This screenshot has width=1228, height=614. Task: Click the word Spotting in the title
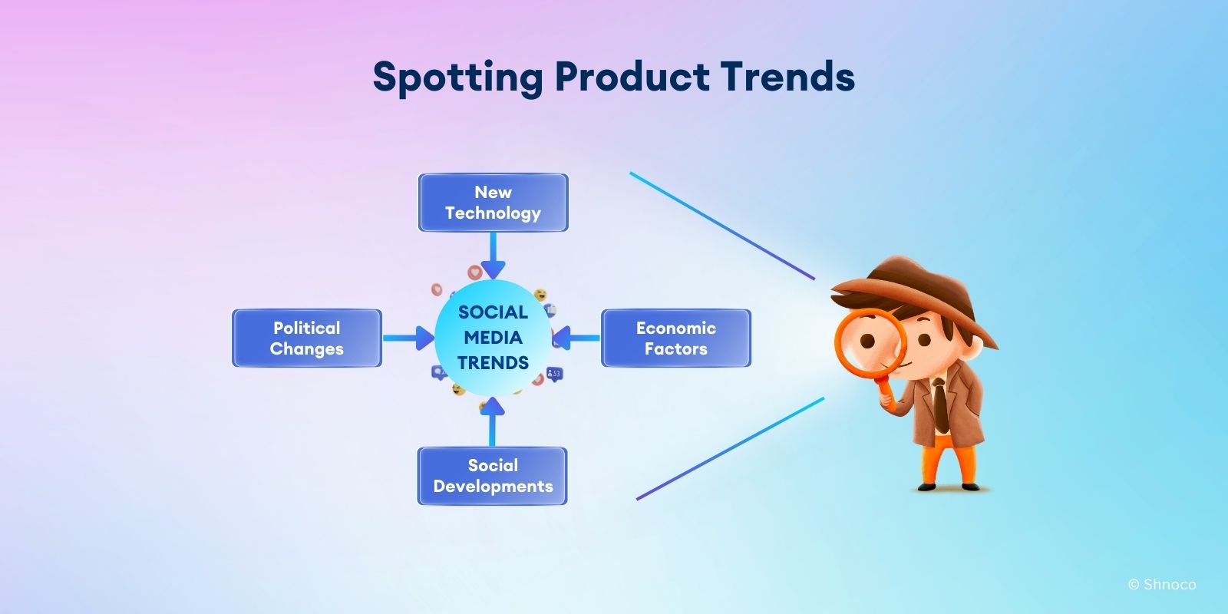coord(457,78)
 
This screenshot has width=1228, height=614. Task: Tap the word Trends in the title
coord(787,76)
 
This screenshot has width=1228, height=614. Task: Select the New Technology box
coord(494,203)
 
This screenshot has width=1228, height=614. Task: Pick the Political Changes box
coord(307,338)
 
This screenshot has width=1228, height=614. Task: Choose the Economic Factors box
coord(676,338)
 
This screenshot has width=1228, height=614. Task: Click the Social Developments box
coord(492,476)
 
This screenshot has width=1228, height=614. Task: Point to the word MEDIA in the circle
coord(493,337)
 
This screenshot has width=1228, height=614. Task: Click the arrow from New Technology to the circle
coord(493,256)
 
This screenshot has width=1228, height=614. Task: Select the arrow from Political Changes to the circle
coord(409,338)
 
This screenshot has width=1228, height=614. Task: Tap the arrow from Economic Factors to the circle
coord(576,338)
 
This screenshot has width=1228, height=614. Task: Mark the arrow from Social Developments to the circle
coord(492,421)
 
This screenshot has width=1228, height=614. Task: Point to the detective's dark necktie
coord(941,406)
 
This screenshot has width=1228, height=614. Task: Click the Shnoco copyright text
coord(1162,584)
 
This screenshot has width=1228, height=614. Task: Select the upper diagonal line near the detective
coord(722,226)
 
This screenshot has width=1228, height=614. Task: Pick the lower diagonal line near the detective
coord(730,448)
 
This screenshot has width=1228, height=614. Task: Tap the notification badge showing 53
coord(555,374)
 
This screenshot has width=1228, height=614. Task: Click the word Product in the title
coord(632,76)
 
